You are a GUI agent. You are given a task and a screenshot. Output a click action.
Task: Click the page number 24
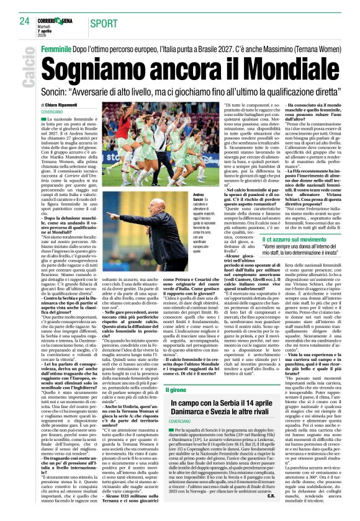tap(24, 21)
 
